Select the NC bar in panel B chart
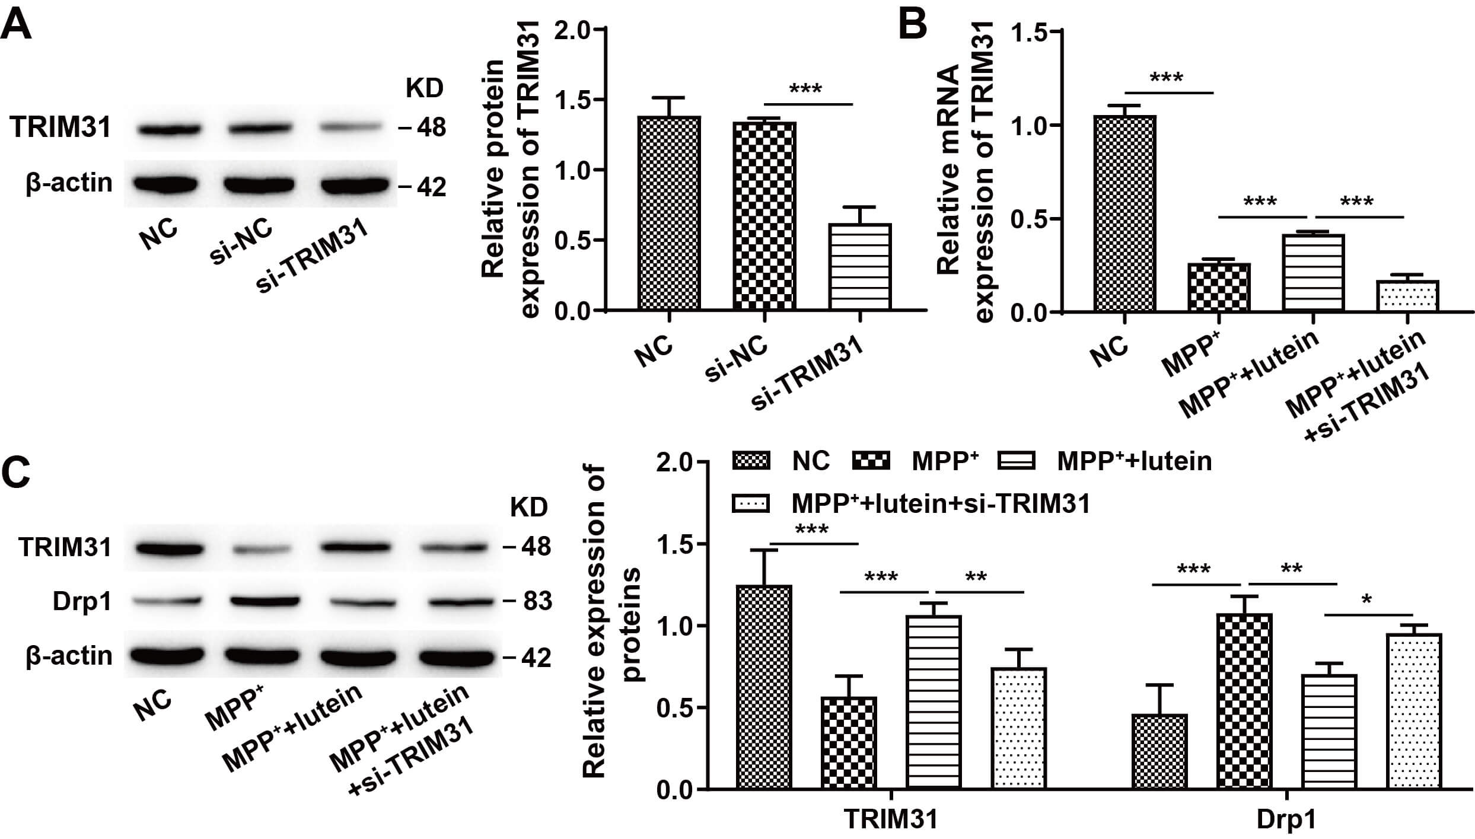pos(1124,213)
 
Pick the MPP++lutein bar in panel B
pos(1312,273)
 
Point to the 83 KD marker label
pos(537,601)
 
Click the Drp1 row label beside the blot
pos(82,602)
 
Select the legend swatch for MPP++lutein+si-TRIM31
pos(751,504)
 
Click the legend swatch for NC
pos(751,461)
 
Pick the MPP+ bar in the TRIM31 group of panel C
pos(849,742)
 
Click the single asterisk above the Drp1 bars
pos(1367,600)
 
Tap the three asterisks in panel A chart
pos(805,90)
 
